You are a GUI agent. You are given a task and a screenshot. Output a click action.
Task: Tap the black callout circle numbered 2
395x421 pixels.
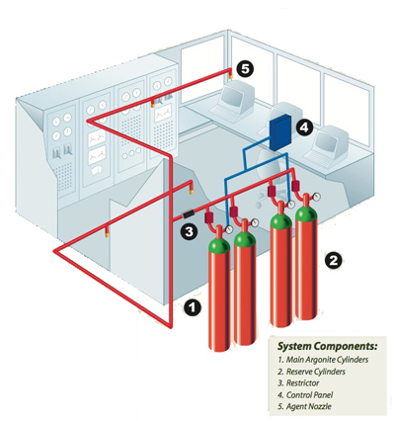[334, 261]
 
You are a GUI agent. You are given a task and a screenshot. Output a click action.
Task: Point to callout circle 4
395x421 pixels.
[305, 126]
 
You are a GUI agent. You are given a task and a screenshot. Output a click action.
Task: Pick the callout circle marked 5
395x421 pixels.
[244, 70]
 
